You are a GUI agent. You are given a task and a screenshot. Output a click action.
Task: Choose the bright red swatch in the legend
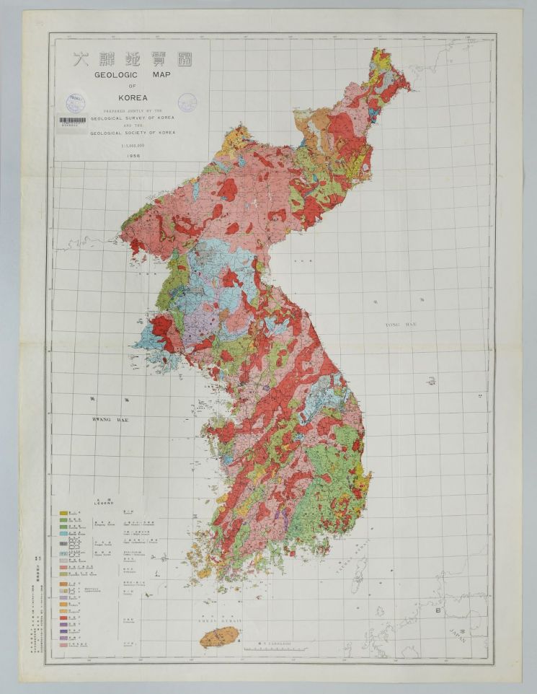point(64,618)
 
